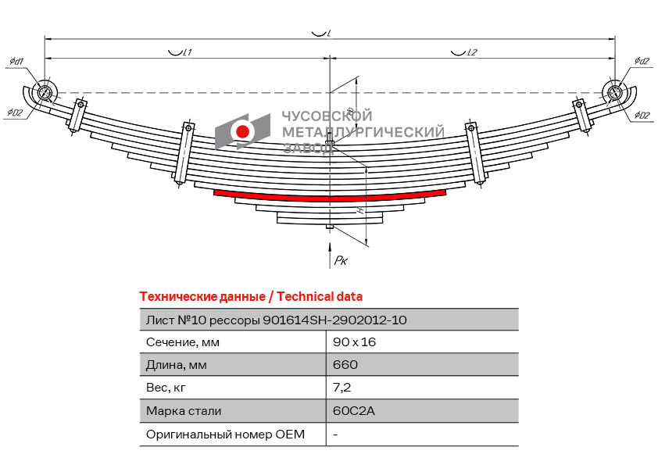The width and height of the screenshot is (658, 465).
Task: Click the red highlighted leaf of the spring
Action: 329,195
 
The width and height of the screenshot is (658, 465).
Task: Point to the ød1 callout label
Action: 16,62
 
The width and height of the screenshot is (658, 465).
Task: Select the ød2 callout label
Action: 642,62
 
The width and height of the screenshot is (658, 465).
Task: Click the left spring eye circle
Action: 45,91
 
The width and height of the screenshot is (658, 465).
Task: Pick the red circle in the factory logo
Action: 243,131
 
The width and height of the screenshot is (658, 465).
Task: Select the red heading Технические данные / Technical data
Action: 250,297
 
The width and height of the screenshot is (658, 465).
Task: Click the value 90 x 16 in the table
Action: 353,342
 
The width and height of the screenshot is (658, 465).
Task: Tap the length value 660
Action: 345,365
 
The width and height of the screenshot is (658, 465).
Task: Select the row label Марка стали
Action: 184,411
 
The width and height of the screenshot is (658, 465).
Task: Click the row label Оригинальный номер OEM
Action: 225,434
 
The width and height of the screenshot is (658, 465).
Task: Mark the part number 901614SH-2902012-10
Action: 334,320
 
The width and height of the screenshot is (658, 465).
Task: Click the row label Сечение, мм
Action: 183,342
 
